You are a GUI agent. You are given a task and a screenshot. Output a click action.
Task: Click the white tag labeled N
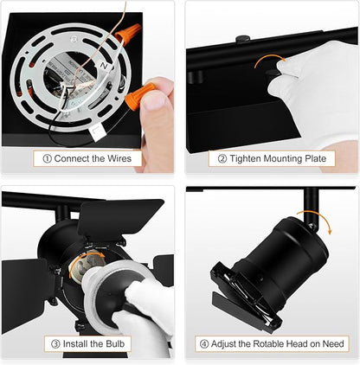pos(104,66)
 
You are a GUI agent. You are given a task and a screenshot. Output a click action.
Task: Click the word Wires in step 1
pos(119,158)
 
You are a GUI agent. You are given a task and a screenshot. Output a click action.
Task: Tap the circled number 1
pos(47,158)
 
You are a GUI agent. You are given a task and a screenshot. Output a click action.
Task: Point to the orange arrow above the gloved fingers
pos(270,60)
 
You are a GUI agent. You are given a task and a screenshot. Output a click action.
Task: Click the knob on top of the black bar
pos(242,38)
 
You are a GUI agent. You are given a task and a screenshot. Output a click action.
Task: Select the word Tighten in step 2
pos(245,158)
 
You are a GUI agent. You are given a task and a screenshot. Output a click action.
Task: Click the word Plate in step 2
pos(315,158)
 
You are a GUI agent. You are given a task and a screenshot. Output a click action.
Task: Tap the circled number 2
pos(222,158)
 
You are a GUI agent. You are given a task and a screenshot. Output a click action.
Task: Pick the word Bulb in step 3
pos(115,343)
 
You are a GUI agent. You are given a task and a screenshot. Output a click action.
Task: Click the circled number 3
pos(55,344)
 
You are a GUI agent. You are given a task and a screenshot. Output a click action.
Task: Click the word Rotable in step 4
pos(268,343)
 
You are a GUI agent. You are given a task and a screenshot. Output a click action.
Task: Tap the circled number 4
pos(204,344)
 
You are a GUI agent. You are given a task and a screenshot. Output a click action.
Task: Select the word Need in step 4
pos(333,343)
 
